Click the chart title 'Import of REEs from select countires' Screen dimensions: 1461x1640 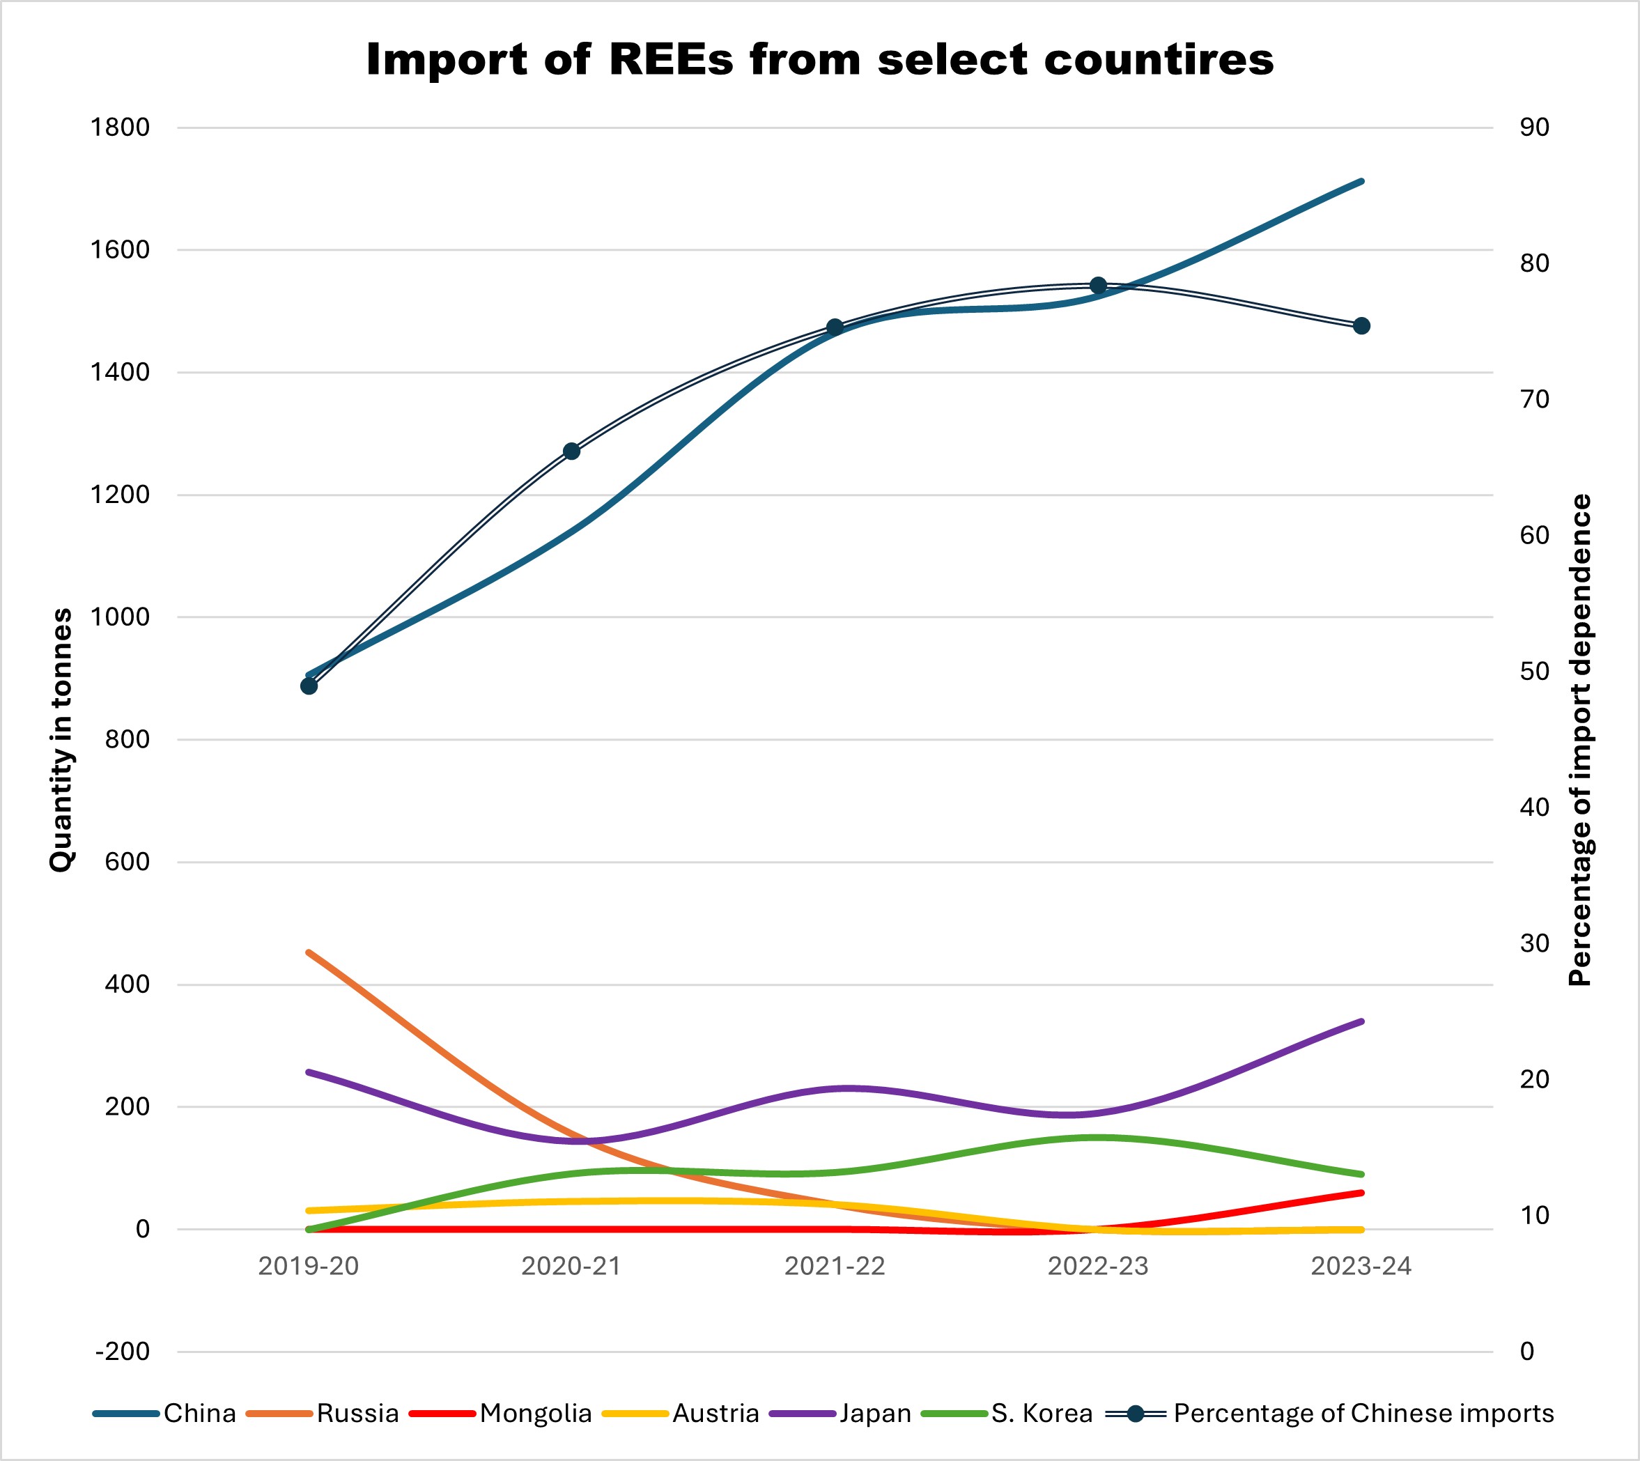tap(819, 59)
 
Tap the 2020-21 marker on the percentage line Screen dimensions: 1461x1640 tap(571, 451)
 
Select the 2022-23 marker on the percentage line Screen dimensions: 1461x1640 tap(1098, 286)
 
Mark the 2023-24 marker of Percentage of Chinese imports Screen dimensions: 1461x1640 tap(1361, 326)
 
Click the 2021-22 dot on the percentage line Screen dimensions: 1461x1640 tap(835, 327)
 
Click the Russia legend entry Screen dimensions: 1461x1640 tap(323, 1413)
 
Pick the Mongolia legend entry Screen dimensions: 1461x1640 tap(501, 1413)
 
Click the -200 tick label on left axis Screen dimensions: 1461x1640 tap(123, 1352)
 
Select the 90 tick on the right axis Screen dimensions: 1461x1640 tap(1534, 127)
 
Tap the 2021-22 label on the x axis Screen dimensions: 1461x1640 tap(835, 1266)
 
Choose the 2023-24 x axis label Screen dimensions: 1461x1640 tap(1361, 1266)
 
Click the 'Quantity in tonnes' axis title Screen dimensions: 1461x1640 tap(61, 740)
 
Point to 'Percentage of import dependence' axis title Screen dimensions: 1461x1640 tap(1580, 740)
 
